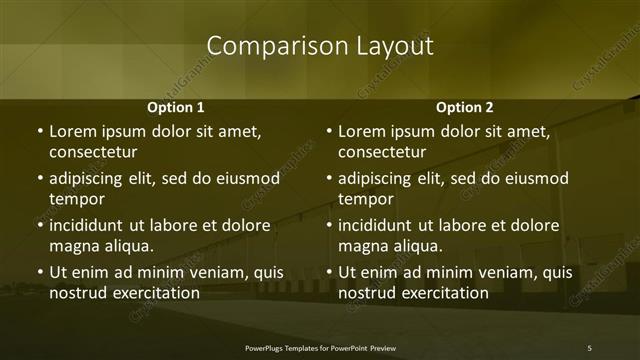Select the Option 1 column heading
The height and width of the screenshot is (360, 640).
(176, 107)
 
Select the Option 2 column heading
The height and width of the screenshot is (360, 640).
(465, 107)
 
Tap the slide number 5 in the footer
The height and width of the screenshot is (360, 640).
(589, 348)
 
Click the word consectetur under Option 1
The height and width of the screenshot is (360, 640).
(93, 152)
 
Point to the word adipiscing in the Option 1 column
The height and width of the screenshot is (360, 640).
(89, 179)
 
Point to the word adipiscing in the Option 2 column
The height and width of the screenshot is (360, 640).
(379, 179)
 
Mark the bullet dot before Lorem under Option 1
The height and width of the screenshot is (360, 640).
(39, 131)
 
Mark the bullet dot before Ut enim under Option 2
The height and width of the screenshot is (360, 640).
(329, 272)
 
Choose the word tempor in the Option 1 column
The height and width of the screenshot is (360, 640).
(75, 199)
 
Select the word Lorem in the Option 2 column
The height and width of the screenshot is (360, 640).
(361, 131)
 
